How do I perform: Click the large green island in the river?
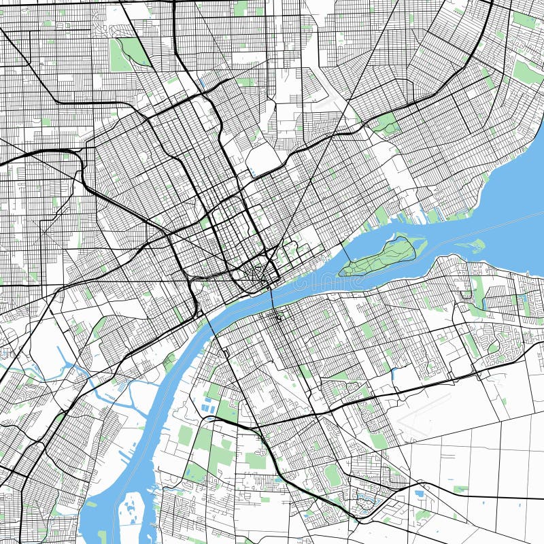[x=381, y=257]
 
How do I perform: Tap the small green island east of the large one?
[x=477, y=245]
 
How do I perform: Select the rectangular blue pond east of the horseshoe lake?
[x=420, y=494]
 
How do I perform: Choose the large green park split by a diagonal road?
[x=129, y=54]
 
